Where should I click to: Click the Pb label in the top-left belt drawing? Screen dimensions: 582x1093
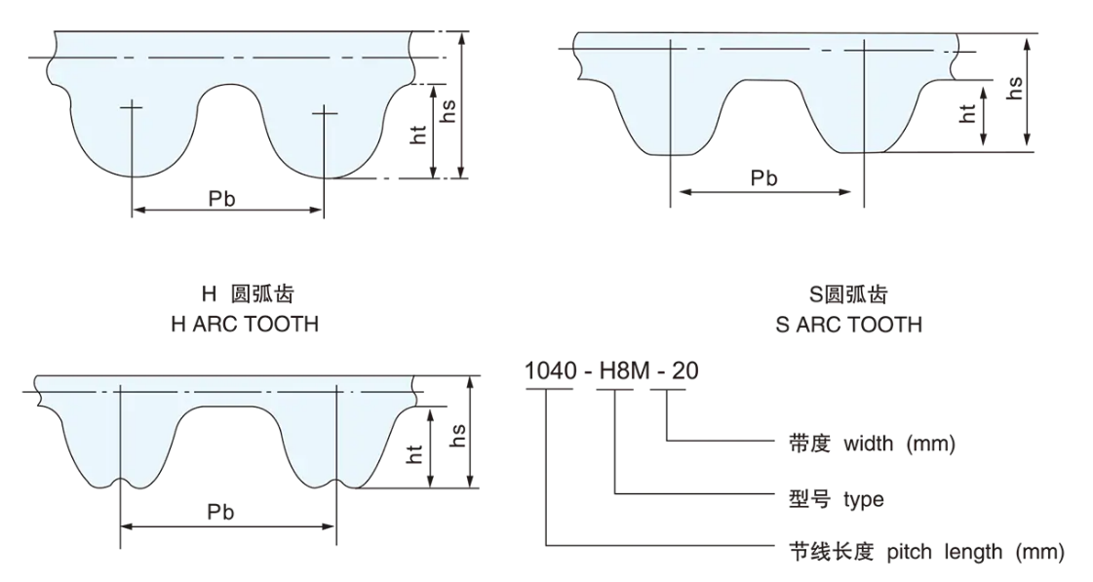click(x=222, y=199)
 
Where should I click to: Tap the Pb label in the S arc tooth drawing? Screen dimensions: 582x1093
click(x=764, y=178)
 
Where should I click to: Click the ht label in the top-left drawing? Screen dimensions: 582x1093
click(x=419, y=136)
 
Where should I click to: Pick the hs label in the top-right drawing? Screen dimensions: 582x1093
click(x=1015, y=89)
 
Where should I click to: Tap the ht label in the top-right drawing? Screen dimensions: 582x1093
click(x=968, y=113)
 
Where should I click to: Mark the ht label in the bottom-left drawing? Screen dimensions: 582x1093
click(x=416, y=451)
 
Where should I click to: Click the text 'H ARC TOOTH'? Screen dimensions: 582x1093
click(x=244, y=325)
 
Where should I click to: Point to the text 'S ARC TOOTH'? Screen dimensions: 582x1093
click(x=848, y=325)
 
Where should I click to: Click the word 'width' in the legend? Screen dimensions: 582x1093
click(x=868, y=444)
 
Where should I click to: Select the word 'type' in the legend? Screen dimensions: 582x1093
click(x=864, y=499)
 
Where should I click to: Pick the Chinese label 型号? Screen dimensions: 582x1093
click(x=809, y=499)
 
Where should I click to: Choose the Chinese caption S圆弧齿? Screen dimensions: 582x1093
click(x=847, y=295)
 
